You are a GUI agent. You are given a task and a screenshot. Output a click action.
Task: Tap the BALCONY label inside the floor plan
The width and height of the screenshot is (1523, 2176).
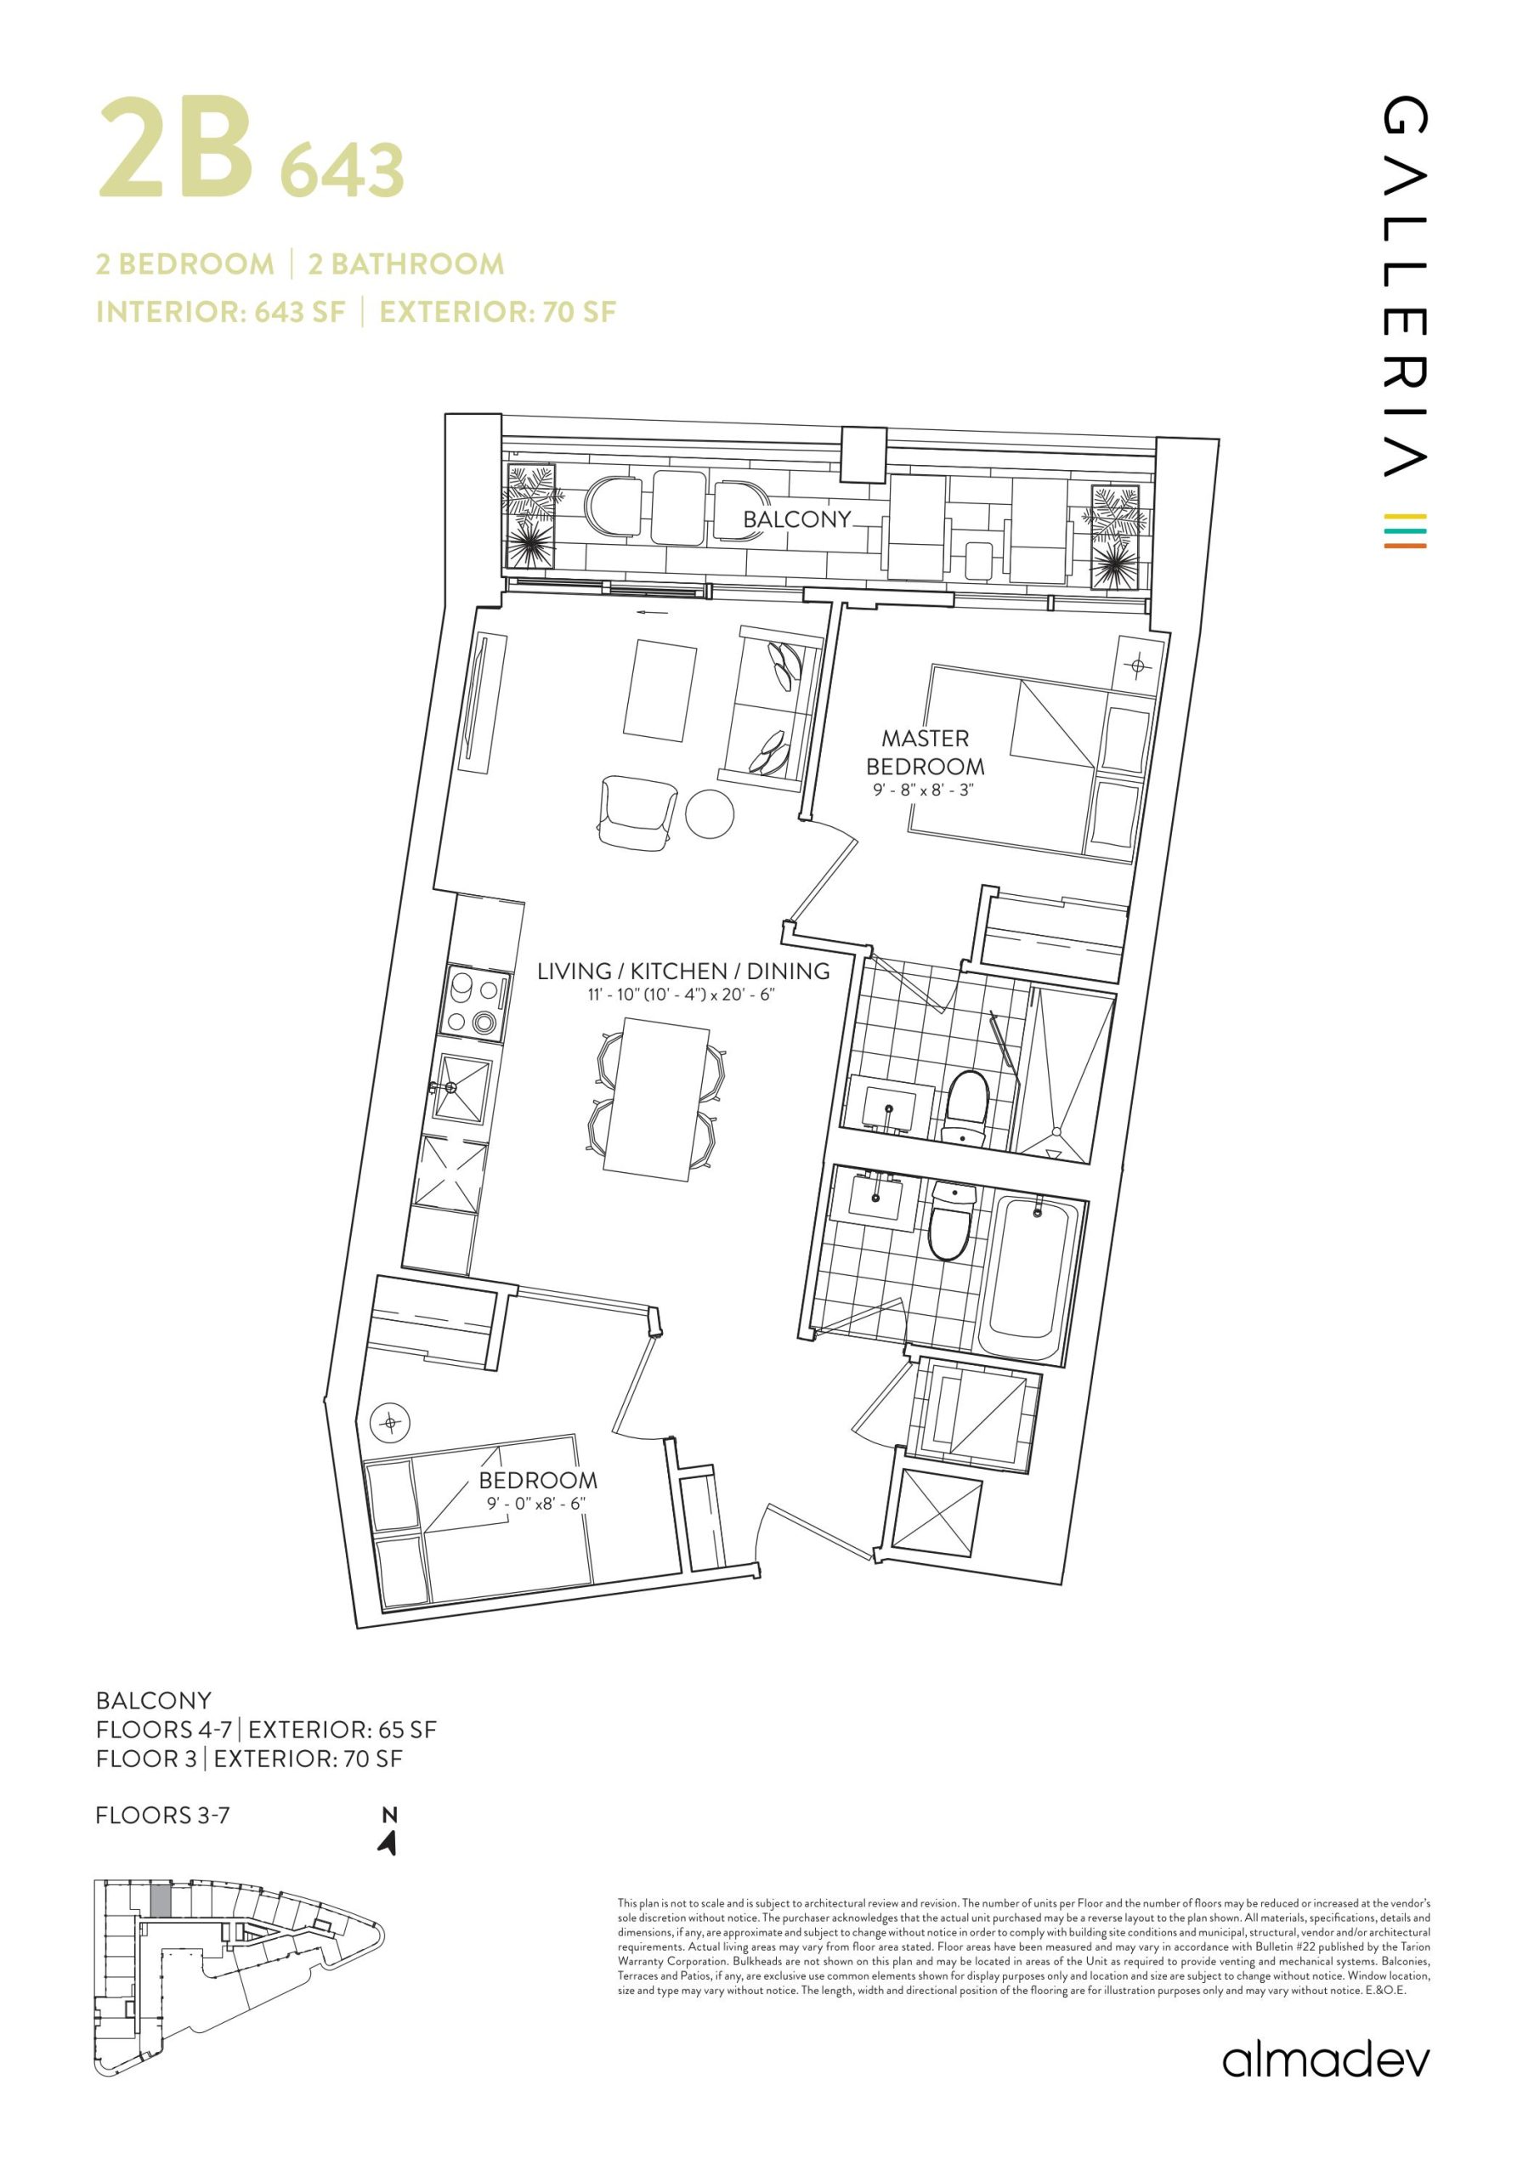797,519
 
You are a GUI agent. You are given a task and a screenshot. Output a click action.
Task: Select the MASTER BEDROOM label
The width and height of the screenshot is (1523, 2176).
925,751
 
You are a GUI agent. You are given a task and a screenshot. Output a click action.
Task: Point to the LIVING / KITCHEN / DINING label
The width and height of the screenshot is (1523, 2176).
683,971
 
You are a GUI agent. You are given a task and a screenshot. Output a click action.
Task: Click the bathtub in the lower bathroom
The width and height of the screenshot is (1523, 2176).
1029,1276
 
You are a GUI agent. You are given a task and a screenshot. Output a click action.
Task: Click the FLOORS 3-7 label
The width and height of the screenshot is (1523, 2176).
163,1815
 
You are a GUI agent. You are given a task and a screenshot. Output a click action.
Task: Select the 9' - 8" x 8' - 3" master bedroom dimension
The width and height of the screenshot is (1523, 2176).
925,790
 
